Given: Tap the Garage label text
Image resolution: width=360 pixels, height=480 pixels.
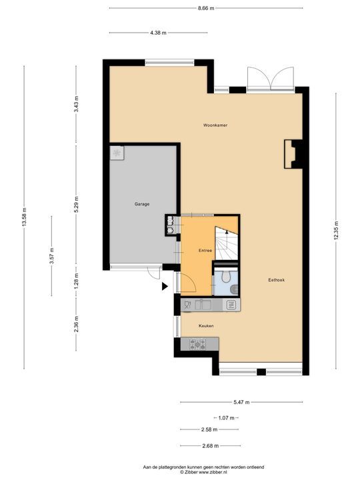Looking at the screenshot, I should pyautogui.click(x=141, y=204).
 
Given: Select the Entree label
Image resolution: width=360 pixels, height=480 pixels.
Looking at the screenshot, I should pyautogui.click(x=205, y=250).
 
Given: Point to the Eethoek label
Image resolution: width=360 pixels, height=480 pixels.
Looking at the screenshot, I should pyautogui.click(x=276, y=281).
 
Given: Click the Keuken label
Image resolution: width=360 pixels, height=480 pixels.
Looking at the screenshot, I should pyautogui.click(x=206, y=325).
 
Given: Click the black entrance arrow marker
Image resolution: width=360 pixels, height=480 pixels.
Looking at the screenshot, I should pyautogui.click(x=165, y=287).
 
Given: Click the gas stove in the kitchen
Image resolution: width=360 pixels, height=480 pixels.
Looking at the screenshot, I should pyautogui.click(x=198, y=344).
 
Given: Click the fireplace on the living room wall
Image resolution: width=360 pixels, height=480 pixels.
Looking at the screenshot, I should pyautogui.click(x=291, y=154).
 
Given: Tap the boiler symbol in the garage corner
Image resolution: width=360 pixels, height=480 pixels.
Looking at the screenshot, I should pyautogui.click(x=117, y=153).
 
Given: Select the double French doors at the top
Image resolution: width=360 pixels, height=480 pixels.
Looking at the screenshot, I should pyautogui.click(x=270, y=79).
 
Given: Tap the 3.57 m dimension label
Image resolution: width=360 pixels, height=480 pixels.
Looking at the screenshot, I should pyautogui.click(x=51, y=257).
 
